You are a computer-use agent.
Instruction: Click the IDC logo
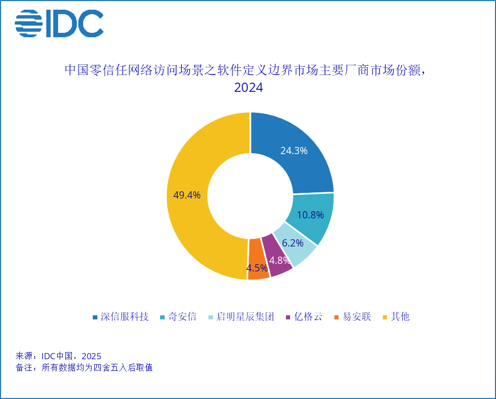pos(59,24)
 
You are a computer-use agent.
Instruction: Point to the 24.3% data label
pos(294,151)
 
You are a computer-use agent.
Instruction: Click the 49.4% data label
pos(187,195)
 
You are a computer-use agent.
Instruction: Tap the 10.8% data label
pos(310,215)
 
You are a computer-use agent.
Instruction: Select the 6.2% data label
pos(293,243)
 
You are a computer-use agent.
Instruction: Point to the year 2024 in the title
pos(248,87)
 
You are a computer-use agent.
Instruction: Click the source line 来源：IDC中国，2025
pos(59,356)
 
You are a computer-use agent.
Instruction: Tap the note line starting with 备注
pos(84,367)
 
